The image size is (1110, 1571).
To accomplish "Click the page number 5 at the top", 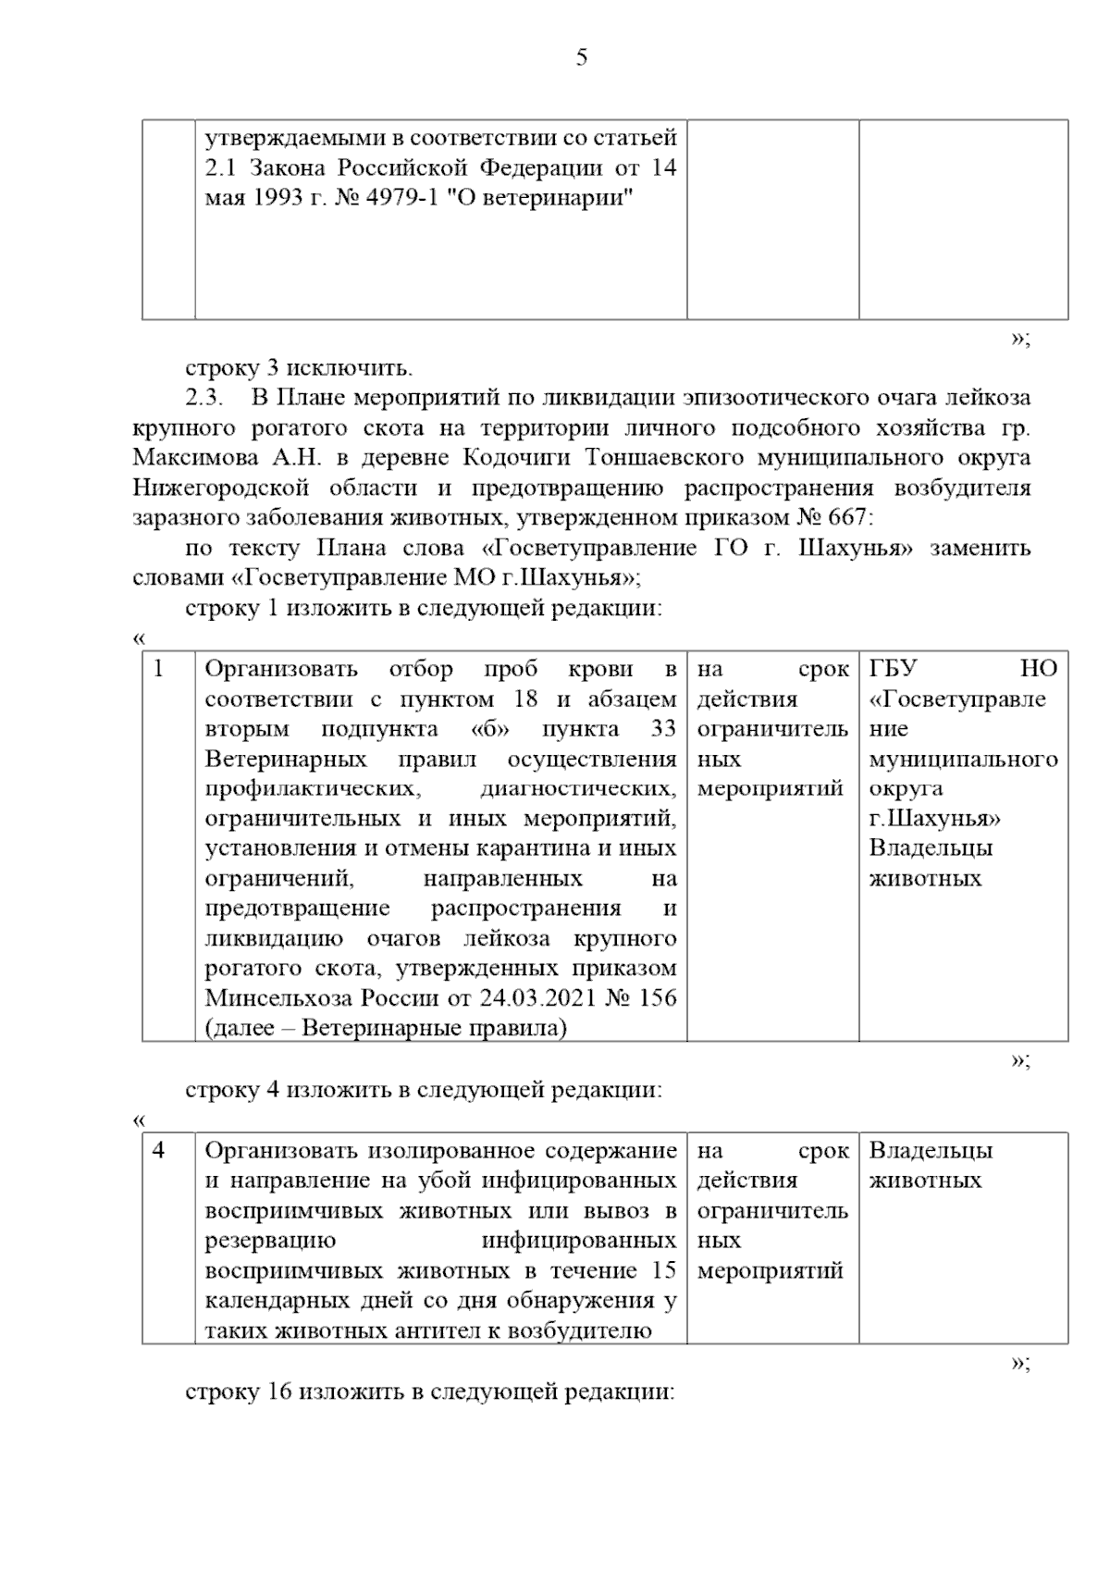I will pyautogui.click(x=581, y=58).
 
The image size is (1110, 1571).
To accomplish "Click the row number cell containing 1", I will pyautogui.click(x=160, y=669).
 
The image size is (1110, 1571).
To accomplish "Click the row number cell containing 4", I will pyautogui.click(x=160, y=1151).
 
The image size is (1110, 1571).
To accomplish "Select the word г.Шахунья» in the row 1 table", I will pyautogui.click(x=935, y=819).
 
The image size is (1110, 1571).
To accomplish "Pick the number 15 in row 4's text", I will pyautogui.click(x=661, y=1271).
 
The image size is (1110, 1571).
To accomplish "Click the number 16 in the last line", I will pyautogui.click(x=280, y=1392).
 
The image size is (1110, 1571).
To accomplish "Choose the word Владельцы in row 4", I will pyautogui.click(x=931, y=1151).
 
